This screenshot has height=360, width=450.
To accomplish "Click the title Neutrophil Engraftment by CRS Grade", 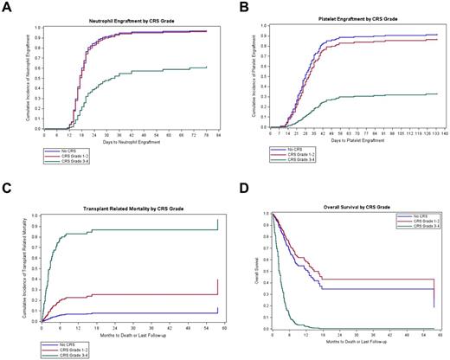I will pos(120,20).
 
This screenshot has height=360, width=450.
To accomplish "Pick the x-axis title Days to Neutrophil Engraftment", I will pos(120,142).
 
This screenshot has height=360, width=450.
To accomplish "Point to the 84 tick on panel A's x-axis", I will pos(219,135).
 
